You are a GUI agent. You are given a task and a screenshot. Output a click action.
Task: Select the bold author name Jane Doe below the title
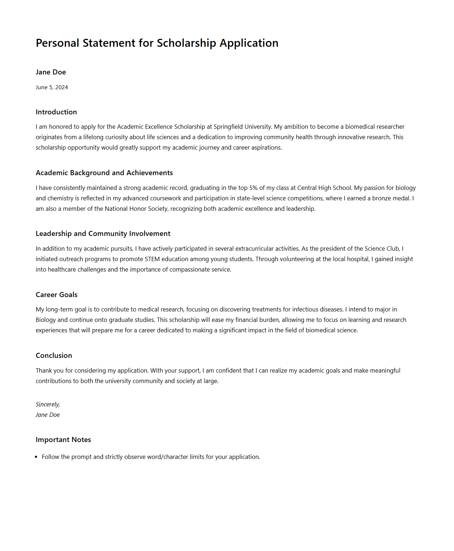(x=51, y=72)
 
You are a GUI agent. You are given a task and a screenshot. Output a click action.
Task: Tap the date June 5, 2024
(x=52, y=87)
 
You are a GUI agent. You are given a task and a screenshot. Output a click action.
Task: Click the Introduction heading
(x=56, y=112)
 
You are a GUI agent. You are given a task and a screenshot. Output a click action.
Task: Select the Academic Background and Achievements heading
(x=104, y=173)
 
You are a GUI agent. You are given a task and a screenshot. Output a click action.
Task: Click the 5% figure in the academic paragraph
(x=253, y=188)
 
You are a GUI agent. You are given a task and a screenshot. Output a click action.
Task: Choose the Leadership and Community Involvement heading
(x=103, y=233)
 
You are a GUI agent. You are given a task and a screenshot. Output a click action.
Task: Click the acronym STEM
(x=152, y=259)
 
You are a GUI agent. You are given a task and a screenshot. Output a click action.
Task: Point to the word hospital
(x=358, y=259)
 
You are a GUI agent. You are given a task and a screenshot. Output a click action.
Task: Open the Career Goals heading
(x=56, y=295)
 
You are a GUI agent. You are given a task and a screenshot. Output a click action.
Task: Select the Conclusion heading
(x=54, y=355)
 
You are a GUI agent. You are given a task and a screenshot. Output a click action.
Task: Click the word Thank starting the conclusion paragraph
(x=43, y=370)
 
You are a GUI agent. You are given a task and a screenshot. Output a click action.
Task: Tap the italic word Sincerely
(x=47, y=404)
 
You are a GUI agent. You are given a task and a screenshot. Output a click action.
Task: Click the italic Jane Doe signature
(x=47, y=415)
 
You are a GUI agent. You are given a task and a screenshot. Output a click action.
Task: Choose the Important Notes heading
(x=63, y=440)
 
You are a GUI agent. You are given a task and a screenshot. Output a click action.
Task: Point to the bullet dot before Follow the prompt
(x=36, y=457)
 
